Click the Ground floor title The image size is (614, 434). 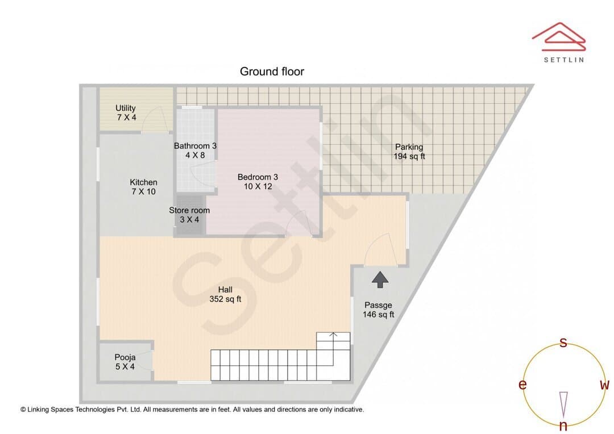coord(272,72)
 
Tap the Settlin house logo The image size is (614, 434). coord(559,37)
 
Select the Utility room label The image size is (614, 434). coord(126,112)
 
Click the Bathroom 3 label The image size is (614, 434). coord(195,151)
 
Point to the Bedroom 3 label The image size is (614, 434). coord(258,182)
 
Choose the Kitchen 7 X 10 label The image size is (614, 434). coord(143,187)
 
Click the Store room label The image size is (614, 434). coord(189,215)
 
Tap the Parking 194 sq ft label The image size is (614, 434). coord(409,152)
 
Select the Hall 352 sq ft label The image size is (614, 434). coord(225,294)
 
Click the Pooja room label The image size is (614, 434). coord(125,362)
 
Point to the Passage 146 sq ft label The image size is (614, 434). coord(378,310)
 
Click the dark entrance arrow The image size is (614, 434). coord(380,280)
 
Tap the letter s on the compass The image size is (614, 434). coord(563,343)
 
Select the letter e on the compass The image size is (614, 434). coord(522,385)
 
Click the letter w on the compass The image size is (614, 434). coord(604,385)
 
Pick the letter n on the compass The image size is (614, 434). coord(563,425)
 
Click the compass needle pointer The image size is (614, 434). coord(563,404)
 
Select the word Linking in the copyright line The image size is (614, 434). coord(38,410)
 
